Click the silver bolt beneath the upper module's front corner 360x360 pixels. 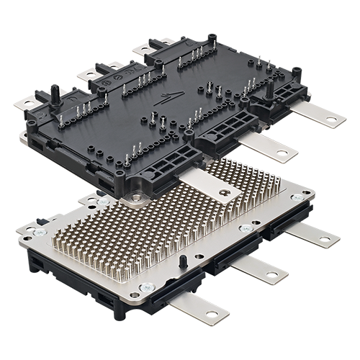pos(135,197)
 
